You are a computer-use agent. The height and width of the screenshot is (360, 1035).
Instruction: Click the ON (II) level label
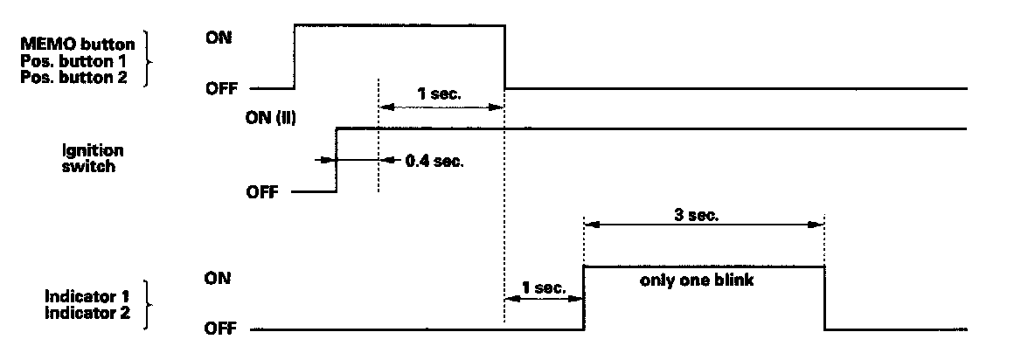[x=271, y=119]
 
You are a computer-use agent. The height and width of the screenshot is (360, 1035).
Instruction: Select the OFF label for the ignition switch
[x=262, y=193]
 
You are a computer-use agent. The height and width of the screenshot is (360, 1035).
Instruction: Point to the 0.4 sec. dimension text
[x=434, y=161]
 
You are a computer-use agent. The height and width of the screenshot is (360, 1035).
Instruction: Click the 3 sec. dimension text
[x=698, y=214]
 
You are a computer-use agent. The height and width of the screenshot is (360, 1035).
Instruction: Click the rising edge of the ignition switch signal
[x=337, y=160]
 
